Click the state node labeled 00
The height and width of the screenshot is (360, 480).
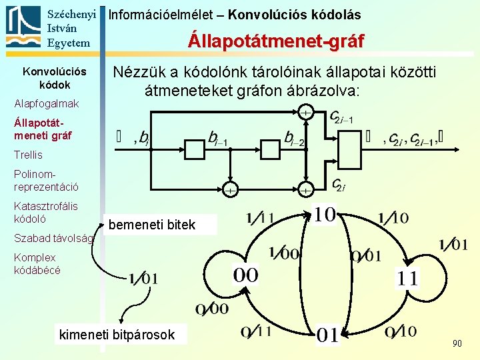pyautogui.click(x=245, y=275)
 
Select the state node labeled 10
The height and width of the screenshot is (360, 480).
pyautogui.click(x=325, y=216)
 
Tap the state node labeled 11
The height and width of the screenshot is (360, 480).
pyautogui.click(x=408, y=277)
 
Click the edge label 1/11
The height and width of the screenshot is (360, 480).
pyautogui.click(x=260, y=217)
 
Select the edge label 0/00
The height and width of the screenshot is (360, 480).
pyautogui.click(x=212, y=309)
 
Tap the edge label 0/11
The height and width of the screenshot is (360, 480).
pyautogui.click(x=257, y=331)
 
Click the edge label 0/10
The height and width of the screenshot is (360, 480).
pyautogui.click(x=401, y=331)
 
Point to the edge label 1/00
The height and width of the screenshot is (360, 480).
pyautogui.click(x=284, y=253)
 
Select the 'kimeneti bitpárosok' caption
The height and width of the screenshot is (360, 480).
pyautogui.click(x=117, y=335)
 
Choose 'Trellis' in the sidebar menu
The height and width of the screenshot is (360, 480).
pyautogui.click(x=28, y=155)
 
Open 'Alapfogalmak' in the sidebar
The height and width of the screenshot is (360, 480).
pyautogui.click(x=46, y=103)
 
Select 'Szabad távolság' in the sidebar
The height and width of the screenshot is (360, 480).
pyautogui.click(x=53, y=237)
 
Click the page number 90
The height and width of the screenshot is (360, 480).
pyautogui.click(x=457, y=343)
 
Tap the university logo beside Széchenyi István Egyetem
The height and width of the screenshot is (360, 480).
pyautogui.click(x=23, y=26)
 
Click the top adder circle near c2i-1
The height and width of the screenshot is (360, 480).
pyautogui.click(x=305, y=113)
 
